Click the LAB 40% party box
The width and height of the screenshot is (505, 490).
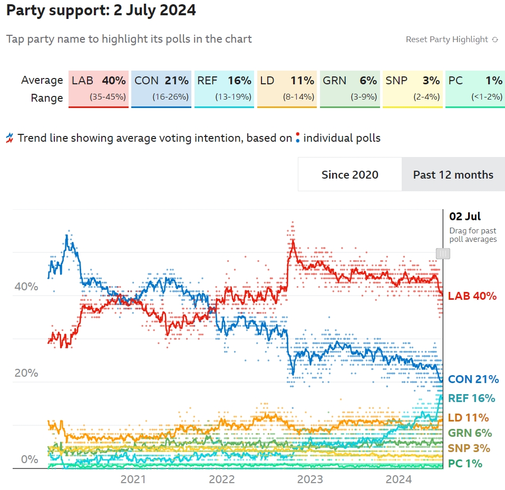[x=99, y=89]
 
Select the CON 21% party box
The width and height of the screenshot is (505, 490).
[x=161, y=89]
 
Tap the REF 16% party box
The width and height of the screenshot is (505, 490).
[x=224, y=89]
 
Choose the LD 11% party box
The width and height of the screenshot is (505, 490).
[x=287, y=89]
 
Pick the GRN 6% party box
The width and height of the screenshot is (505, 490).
[x=349, y=89]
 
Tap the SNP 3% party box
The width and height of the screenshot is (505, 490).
[x=412, y=89]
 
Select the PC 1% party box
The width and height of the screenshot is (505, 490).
[x=475, y=89]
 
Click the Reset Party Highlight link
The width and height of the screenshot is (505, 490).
[x=452, y=40]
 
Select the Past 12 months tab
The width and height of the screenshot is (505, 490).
[x=453, y=174]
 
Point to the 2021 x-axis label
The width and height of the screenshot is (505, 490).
[x=133, y=479]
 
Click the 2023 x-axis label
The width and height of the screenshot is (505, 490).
[x=310, y=479]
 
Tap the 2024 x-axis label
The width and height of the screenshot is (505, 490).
[x=399, y=479]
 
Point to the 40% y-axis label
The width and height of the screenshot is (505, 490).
[x=26, y=287]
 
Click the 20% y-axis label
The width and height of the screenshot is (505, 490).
[x=26, y=373]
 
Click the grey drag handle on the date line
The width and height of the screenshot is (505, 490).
[x=443, y=253]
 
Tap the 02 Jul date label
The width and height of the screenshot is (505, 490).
[x=465, y=217]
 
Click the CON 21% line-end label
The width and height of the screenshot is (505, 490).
[x=473, y=379]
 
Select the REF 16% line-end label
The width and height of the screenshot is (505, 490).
[x=471, y=398]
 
